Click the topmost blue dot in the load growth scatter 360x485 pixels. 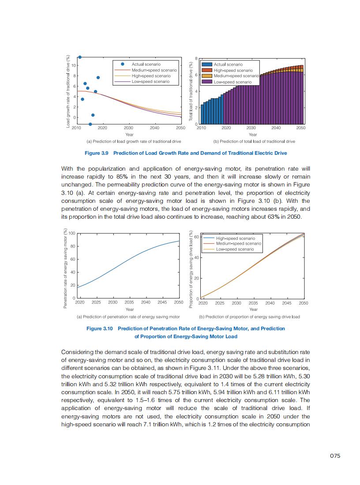click(x=80, y=57)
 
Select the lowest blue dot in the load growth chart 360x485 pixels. click(x=90, y=124)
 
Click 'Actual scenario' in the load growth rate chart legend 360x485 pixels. click(x=146, y=64)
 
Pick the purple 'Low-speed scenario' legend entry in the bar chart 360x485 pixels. click(x=232, y=82)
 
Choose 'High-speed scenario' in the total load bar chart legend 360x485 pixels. click(x=233, y=70)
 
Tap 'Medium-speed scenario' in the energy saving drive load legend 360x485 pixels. click(x=238, y=243)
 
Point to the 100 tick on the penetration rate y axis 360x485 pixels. click(x=72, y=233)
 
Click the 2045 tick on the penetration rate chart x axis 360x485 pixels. click(x=162, y=303)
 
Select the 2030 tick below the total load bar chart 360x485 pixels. click(x=251, y=128)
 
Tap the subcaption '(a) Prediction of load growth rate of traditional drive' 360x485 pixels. click(x=134, y=142)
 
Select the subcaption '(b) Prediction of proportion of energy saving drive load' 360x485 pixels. click(x=249, y=317)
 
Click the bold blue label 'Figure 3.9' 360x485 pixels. click(x=97, y=153)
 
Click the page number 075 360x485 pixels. click(x=335, y=456)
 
